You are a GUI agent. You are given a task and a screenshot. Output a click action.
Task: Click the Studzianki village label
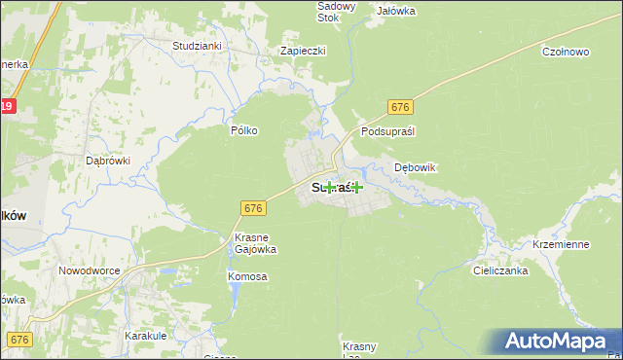pos(198,46)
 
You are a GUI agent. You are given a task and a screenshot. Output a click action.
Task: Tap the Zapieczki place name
pos(303,51)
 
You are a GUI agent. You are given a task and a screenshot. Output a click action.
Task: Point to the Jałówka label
pos(396,11)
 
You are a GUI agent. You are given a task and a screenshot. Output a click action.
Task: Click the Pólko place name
pos(243,129)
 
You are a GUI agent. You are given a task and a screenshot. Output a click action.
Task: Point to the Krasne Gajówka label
pos(256,243)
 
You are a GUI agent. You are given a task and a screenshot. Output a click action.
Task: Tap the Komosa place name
pos(247,277)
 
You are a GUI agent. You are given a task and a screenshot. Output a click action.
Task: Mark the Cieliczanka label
pos(501,271)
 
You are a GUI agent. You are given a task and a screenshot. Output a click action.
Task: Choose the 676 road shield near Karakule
pos(19,339)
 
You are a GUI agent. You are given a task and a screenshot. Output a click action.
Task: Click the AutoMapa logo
pos(555,342)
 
